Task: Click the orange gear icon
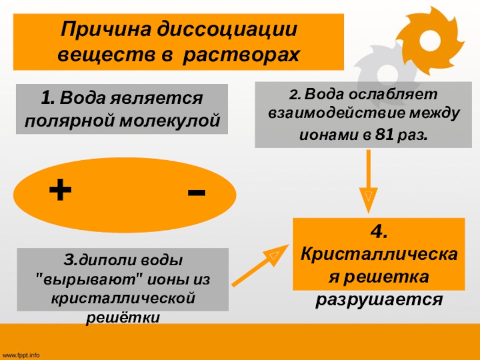click(x=430, y=40)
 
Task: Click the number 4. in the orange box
click(x=379, y=232)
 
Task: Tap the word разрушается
click(x=379, y=298)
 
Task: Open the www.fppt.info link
click(x=22, y=355)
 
